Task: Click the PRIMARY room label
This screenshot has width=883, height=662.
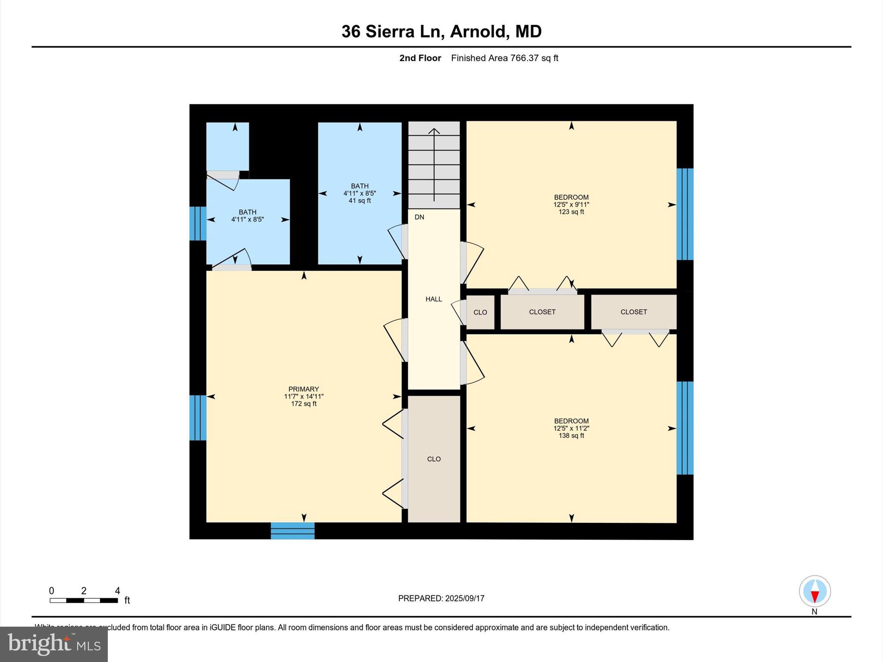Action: [304, 389]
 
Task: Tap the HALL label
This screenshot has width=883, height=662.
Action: [434, 299]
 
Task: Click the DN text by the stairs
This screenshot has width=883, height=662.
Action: [419, 217]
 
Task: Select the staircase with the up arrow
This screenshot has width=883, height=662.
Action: [434, 165]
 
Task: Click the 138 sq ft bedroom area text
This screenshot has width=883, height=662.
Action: [571, 436]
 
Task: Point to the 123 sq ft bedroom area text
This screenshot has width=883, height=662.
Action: [571, 212]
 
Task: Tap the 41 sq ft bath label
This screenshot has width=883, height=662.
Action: [360, 201]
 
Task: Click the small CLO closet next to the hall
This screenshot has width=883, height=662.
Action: [480, 312]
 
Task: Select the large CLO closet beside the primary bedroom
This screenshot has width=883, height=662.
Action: [434, 459]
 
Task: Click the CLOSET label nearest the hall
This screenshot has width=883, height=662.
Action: [542, 312]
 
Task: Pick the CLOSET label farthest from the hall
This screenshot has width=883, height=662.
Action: [633, 312]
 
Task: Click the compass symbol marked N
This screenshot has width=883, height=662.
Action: [814, 591]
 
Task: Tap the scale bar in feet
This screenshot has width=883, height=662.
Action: [84, 600]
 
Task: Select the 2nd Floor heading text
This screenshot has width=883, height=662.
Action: [420, 58]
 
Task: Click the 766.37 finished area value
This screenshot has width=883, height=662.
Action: [524, 58]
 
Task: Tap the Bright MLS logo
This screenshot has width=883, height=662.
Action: [54, 644]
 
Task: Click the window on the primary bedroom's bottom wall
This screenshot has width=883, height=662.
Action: [292, 531]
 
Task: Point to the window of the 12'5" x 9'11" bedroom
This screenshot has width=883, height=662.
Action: [685, 214]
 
